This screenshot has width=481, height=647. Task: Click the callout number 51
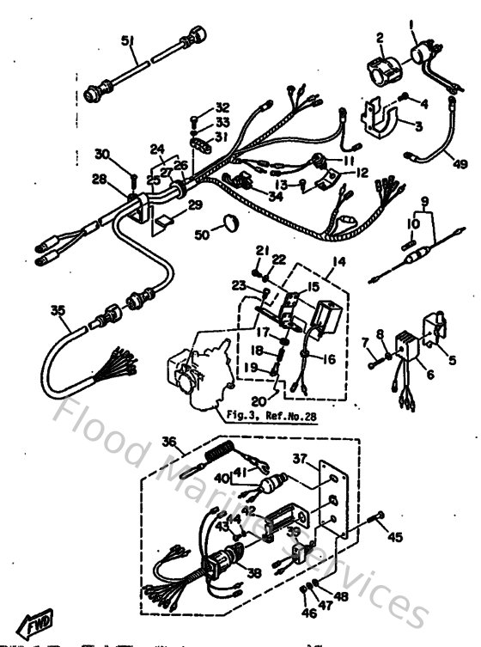click(x=127, y=40)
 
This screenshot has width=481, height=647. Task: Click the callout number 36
click(x=168, y=443)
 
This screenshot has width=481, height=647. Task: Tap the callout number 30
click(x=102, y=154)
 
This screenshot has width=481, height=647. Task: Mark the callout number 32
click(x=222, y=107)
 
